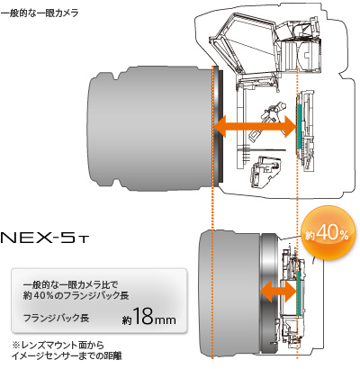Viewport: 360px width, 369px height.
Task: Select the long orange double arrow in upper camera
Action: pos(256,127)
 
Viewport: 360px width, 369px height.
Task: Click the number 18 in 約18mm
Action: pos(146,319)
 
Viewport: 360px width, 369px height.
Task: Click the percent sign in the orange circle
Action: pos(346,234)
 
